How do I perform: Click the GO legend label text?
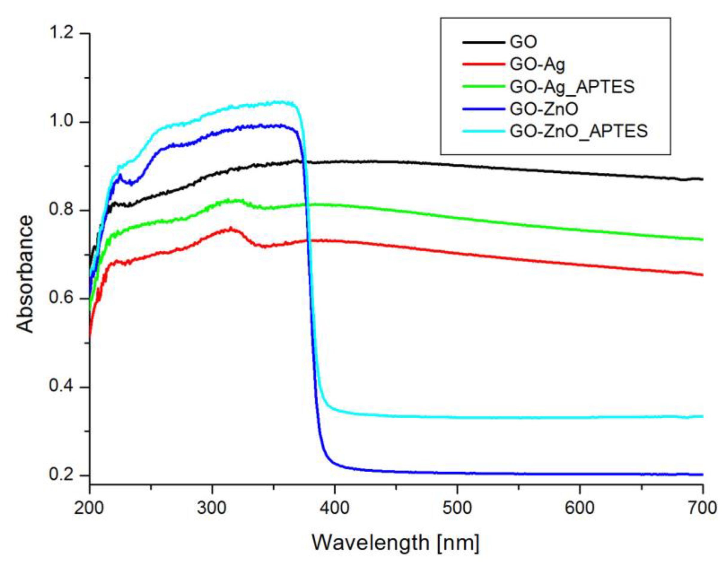(523, 42)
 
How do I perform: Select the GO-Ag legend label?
(537, 65)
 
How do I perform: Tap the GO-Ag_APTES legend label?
(572, 87)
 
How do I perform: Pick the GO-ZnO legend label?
(544, 109)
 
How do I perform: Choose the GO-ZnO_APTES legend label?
(579, 131)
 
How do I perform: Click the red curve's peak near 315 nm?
(231, 228)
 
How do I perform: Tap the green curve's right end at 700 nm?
(702, 239)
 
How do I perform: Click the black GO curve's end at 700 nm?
(702, 179)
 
